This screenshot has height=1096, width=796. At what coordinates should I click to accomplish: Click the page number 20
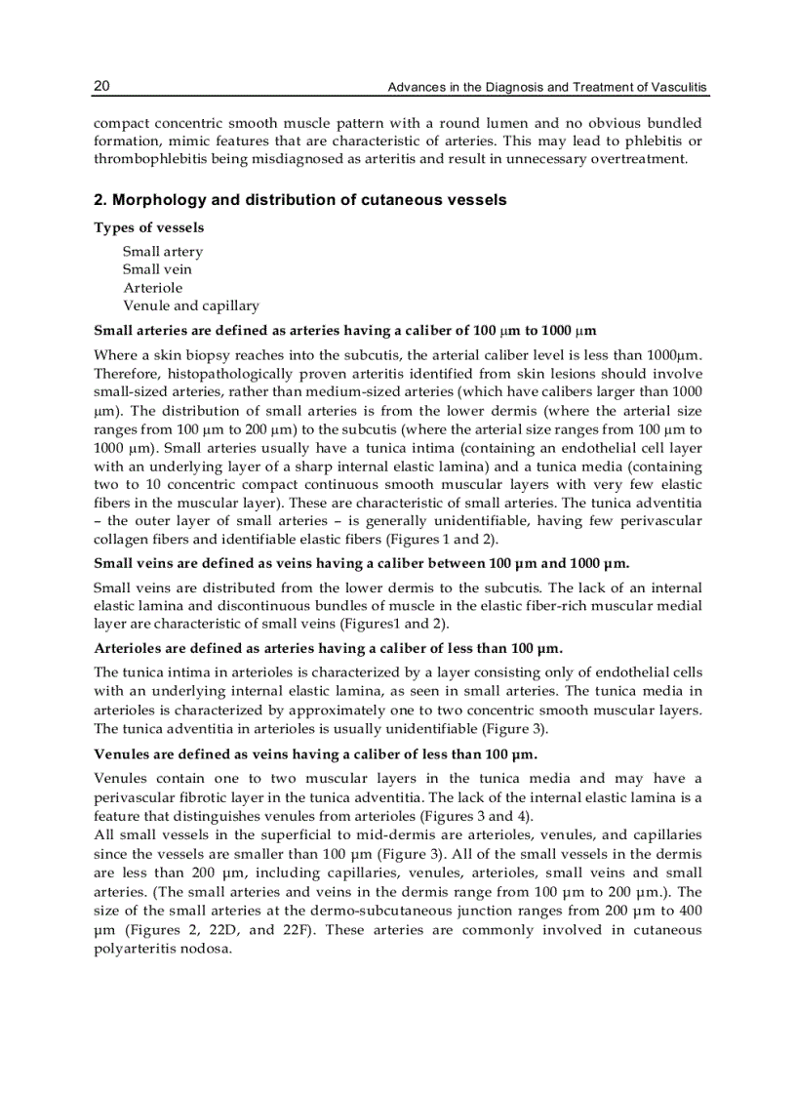[x=101, y=86]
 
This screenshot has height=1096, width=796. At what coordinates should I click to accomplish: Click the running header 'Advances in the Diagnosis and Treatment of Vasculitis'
[x=547, y=88]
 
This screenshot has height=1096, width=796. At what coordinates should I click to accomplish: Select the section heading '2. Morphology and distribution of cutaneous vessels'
[x=299, y=200]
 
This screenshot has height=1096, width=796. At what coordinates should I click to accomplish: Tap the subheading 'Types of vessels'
[x=148, y=227]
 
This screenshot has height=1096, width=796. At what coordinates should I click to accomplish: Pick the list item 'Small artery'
[x=163, y=252]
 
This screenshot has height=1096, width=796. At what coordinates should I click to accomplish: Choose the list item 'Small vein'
[x=157, y=269]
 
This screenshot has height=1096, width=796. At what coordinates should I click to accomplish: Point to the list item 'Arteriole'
[x=152, y=288]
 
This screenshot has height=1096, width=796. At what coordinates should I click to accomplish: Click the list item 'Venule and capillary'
[x=190, y=305]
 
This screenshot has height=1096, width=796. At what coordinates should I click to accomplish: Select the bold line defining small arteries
[x=344, y=330]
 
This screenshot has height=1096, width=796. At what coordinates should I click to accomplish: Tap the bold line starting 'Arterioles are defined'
[x=328, y=647]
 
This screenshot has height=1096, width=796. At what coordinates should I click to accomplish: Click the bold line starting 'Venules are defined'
[x=315, y=754]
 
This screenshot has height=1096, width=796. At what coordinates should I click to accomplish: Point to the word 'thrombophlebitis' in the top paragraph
[x=153, y=159]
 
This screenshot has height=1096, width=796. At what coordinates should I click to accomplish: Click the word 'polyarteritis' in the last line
[x=137, y=948]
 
